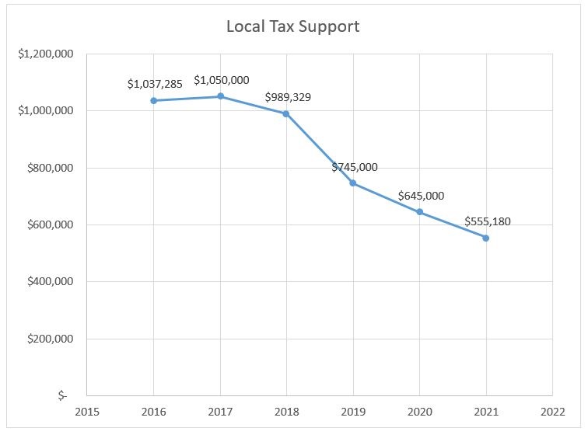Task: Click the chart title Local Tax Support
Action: [292, 26]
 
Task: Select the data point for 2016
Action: [154, 100]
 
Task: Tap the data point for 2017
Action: [220, 96]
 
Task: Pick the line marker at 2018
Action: [286, 113]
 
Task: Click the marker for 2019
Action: [353, 183]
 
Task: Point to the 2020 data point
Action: [420, 212]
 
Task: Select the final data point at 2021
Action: [486, 238]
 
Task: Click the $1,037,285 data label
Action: [155, 84]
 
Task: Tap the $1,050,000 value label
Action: [221, 79]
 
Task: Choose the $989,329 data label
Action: [289, 97]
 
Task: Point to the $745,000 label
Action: [355, 167]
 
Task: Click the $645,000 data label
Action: [421, 196]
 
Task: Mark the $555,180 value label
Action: [488, 221]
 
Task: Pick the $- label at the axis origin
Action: [62, 396]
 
